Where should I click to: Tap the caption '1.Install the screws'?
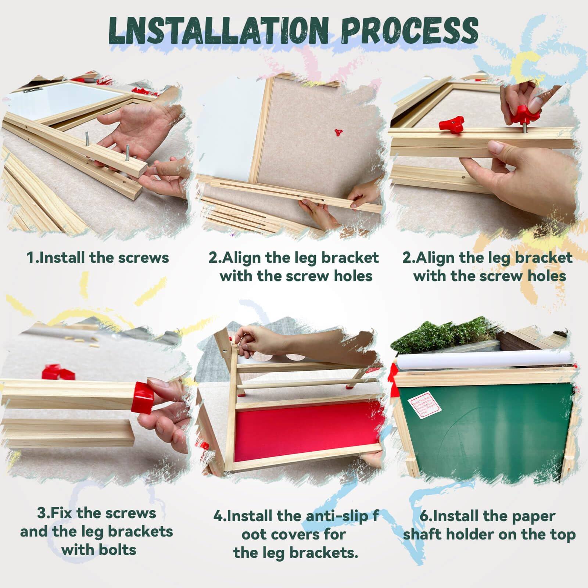coord(98,257)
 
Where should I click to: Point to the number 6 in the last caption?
coord(424,516)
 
